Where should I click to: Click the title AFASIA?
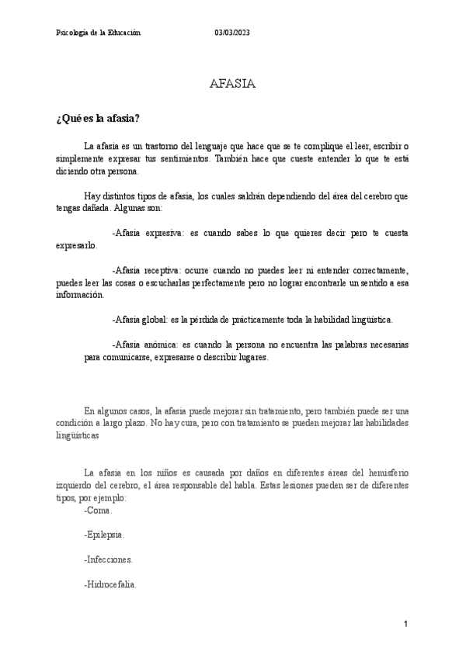(x=233, y=84)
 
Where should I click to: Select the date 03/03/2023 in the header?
(x=233, y=32)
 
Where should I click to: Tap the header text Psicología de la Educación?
(x=99, y=32)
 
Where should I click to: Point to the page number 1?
(x=406, y=624)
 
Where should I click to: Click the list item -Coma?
(x=98, y=511)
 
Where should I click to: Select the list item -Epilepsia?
(x=104, y=535)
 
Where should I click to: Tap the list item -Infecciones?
(x=108, y=559)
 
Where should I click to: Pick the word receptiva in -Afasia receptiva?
(x=162, y=270)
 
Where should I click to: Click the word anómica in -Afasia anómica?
(x=159, y=344)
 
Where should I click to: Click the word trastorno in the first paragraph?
(x=164, y=146)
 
